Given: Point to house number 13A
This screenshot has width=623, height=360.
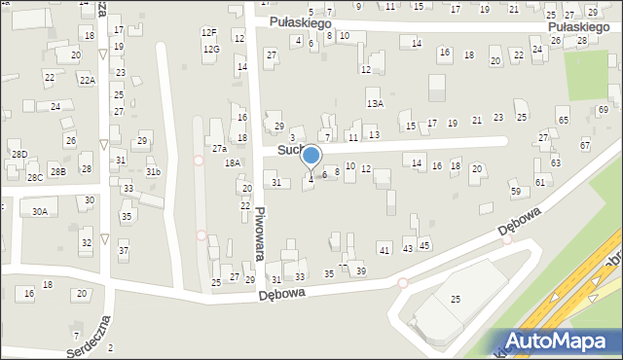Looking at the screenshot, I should [375, 102].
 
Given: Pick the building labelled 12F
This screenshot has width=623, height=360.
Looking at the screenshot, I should [208, 32].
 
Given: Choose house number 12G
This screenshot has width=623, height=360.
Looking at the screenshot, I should [211, 49].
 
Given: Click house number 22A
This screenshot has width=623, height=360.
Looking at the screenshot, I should [88, 80].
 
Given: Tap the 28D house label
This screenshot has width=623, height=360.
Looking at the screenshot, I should [18, 155].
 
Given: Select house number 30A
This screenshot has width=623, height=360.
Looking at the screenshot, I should [39, 211].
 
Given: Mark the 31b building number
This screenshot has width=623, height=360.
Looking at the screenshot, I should [153, 172].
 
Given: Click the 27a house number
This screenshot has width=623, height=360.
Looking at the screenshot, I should [219, 148].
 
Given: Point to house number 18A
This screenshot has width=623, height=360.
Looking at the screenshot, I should [233, 162].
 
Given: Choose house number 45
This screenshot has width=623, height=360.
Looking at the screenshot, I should [424, 245].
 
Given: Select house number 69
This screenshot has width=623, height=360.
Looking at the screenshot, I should [603, 109].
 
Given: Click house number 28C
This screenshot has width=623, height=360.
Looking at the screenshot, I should [34, 177].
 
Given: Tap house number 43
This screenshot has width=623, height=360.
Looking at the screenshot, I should [407, 249].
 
